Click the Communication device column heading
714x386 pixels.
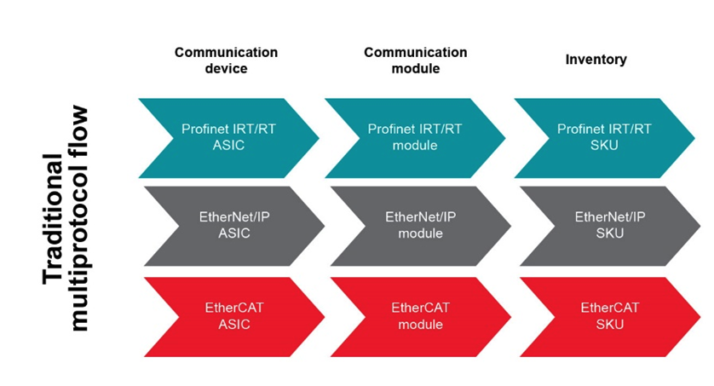tap(226, 60)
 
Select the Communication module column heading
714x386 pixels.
tap(415, 60)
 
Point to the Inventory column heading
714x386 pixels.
tap(596, 60)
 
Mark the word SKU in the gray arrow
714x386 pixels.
tap(609, 233)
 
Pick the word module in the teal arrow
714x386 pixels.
tap(415, 146)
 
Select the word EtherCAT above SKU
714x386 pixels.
tap(609, 308)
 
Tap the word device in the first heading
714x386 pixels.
tap(226, 68)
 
